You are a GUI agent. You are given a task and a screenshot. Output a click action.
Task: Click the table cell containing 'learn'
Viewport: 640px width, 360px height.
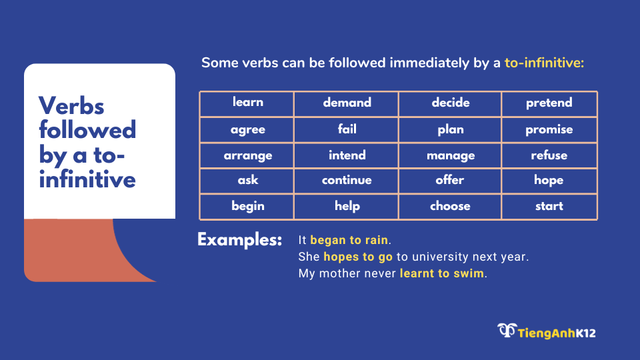pos(247,104)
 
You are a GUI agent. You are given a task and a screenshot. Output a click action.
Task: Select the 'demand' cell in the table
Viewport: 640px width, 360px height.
pos(346,104)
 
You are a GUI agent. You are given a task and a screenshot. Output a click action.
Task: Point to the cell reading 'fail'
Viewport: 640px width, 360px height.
pos(346,130)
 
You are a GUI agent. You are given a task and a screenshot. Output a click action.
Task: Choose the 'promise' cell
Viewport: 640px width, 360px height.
pos(549,130)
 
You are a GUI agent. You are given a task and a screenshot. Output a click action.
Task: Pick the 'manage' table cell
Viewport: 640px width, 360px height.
pos(450,155)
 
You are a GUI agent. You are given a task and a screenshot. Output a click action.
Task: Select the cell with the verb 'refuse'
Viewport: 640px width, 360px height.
pos(549,155)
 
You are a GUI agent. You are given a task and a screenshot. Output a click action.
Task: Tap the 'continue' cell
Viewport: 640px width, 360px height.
pos(346,181)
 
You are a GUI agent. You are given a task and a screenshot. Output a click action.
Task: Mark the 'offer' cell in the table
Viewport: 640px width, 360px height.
pos(450,181)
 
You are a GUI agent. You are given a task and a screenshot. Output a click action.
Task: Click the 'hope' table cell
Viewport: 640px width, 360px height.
pos(549,181)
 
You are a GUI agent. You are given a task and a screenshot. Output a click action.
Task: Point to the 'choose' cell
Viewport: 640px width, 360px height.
pos(450,207)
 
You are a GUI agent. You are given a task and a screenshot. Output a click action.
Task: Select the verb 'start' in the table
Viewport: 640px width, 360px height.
pos(549,207)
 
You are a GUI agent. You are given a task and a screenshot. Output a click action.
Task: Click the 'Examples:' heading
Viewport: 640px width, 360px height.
pos(239,240)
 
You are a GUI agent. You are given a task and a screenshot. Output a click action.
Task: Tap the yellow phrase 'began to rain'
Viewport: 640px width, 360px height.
pos(349,240)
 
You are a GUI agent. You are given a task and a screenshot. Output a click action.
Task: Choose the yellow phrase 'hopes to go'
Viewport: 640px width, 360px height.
pos(358,257)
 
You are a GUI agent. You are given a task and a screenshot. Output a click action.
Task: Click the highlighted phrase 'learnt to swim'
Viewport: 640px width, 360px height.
pos(441,273)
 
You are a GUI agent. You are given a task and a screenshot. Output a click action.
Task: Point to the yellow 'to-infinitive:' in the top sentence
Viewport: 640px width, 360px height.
pos(544,63)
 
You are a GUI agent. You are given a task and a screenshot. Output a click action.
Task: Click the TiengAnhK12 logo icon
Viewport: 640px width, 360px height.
pos(507,330)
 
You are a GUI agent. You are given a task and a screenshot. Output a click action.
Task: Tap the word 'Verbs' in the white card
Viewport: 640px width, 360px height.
pos(71,106)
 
